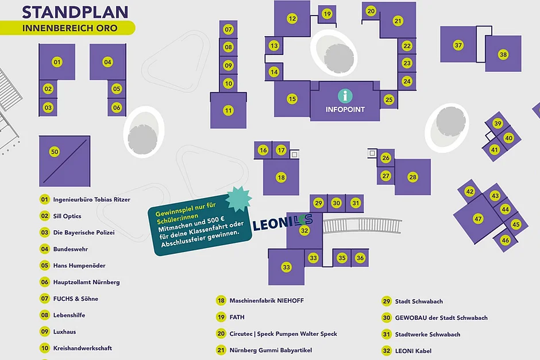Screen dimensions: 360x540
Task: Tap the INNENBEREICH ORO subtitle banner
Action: tap(69, 28)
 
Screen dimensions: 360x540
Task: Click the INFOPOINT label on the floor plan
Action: tap(345, 109)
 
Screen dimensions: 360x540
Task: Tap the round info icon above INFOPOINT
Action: tap(345, 96)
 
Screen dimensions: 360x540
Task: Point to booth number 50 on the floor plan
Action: tap(55, 152)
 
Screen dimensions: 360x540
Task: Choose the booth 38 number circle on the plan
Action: tap(503, 55)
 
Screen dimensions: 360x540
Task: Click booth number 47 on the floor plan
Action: tap(478, 218)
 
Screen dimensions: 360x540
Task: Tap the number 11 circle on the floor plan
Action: tap(229, 110)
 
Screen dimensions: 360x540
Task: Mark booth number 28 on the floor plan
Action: tap(412, 177)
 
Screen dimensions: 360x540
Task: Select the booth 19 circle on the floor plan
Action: tap(327, 14)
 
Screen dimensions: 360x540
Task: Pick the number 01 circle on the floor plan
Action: tap(57, 61)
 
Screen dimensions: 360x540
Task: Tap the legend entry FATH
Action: tap(237, 317)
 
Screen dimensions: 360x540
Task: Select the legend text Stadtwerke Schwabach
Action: tap(427, 334)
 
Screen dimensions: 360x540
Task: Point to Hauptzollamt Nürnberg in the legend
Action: tap(86, 282)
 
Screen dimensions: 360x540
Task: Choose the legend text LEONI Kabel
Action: tap(413, 351)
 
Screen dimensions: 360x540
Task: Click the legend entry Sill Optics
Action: tap(67, 216)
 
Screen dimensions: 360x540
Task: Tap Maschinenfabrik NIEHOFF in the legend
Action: tap(267, 300)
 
